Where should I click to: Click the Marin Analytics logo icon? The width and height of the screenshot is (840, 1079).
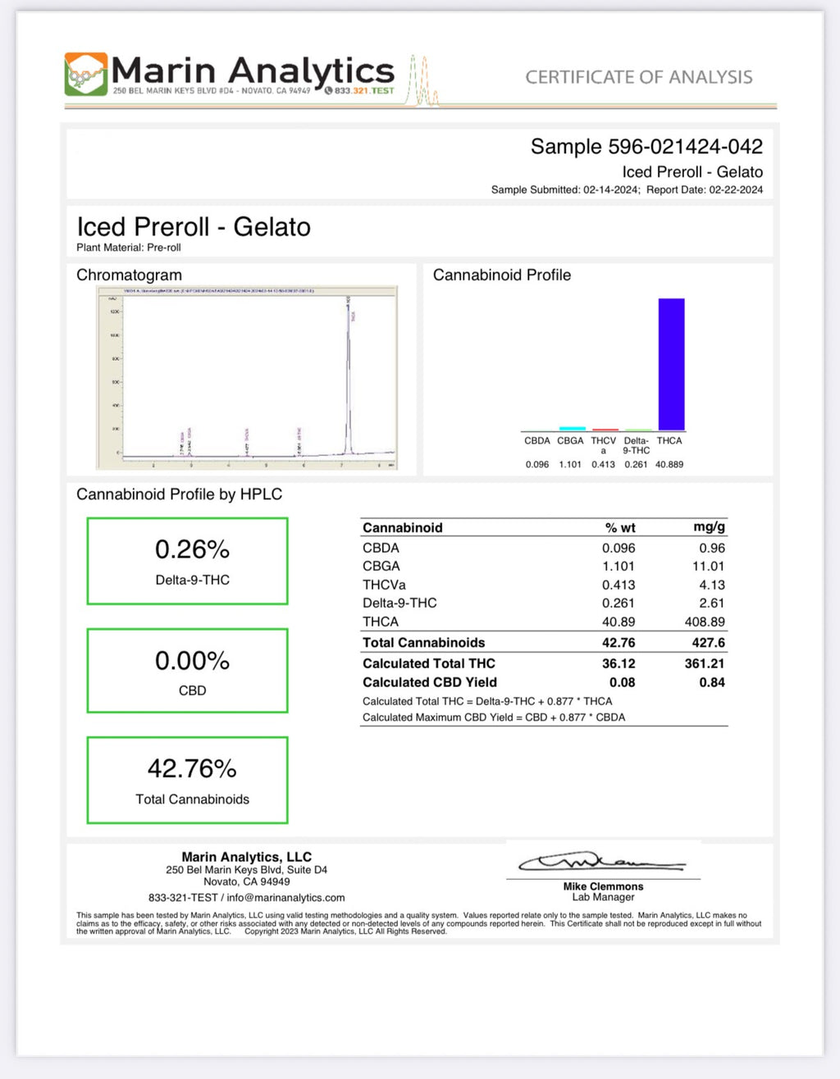(x=86, y=74)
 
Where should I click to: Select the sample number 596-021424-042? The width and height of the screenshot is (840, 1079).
(x=685, y=147)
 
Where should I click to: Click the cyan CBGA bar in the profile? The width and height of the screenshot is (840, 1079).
(x=572, y=428)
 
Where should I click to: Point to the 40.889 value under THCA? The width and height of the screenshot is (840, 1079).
(x=669, y=465)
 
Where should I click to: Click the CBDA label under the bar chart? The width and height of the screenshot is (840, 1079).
(x=537, y=441)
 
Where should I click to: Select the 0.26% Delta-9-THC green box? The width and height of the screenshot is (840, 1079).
(x=188, y=562)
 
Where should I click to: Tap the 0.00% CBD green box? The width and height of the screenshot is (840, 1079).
(x=188, y=671)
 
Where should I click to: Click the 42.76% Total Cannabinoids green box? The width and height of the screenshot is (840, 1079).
(x=188, y=780)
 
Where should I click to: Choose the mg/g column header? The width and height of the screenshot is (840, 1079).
(x=709, y=527)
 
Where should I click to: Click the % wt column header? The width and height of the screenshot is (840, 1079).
(x=620, y=528)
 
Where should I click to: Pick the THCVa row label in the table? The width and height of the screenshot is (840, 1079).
(x=384, y=585)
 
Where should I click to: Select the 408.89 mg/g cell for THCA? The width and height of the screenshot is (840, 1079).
(x=705, y=622)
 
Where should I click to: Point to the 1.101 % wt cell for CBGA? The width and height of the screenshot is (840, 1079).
(x=619, y=567)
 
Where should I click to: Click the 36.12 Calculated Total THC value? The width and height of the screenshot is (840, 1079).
(x=619, y=664)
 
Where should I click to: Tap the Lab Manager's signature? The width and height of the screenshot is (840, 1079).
(x=601, y=863)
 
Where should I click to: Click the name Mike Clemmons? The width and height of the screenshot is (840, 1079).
(x=603, y=886)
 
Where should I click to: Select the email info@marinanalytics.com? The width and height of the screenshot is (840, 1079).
(x=285, y=898)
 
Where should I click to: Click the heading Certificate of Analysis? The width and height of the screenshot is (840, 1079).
(x=638, y=78)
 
